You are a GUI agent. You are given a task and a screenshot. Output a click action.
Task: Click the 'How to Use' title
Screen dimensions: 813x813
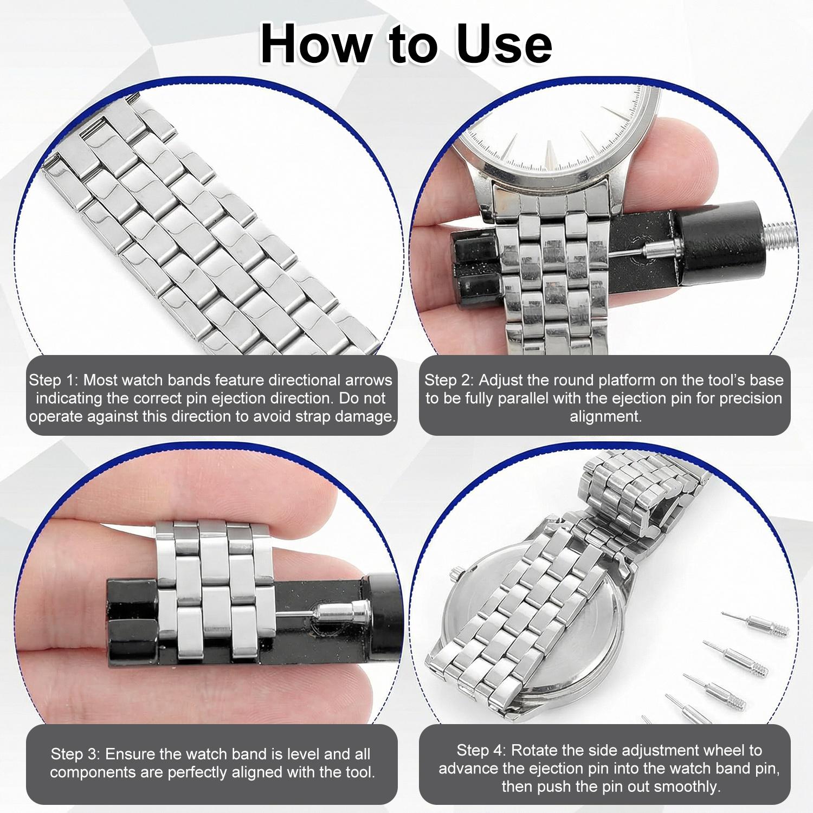[406, 44]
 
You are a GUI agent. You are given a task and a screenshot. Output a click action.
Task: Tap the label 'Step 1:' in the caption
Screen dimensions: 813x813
[53, 380]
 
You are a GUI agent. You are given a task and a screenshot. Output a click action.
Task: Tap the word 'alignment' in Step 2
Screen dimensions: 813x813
[605, 416]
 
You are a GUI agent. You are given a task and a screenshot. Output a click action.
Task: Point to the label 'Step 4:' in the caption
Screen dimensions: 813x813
[481, 750]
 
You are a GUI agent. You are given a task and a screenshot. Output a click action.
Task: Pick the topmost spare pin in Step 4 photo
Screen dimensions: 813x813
[756, 624]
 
